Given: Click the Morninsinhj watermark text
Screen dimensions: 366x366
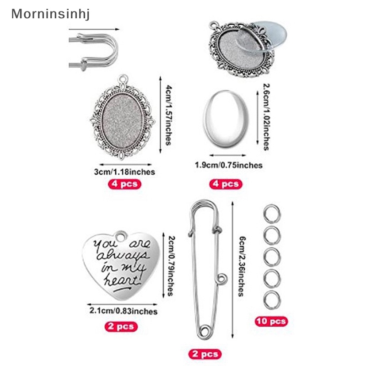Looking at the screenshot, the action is (50, 13).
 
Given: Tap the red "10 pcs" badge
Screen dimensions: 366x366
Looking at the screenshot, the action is (271, 321).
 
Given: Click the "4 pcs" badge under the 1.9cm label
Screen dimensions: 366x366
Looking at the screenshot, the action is (224, 184).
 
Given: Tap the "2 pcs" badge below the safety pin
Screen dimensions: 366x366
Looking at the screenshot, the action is (205, 353).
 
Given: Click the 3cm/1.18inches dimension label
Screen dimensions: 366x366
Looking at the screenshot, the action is (124, 172).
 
